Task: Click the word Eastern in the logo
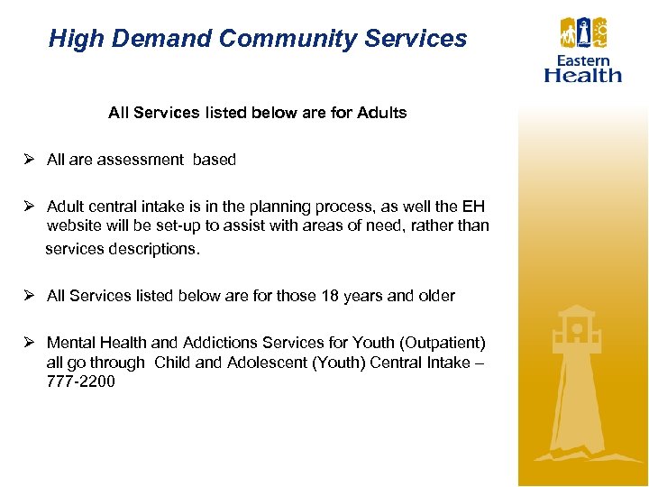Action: [x=583, y=60]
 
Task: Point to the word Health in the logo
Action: [x=583, y=75]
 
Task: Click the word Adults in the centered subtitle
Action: [x=381, y=113]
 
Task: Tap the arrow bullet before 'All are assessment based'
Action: [x=29, y=160]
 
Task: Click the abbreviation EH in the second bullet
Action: [x=473, y=206]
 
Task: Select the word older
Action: [x=435, y=296]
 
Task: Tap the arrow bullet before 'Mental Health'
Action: [x=29, y=343]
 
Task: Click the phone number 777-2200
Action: [x=80, y=381]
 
